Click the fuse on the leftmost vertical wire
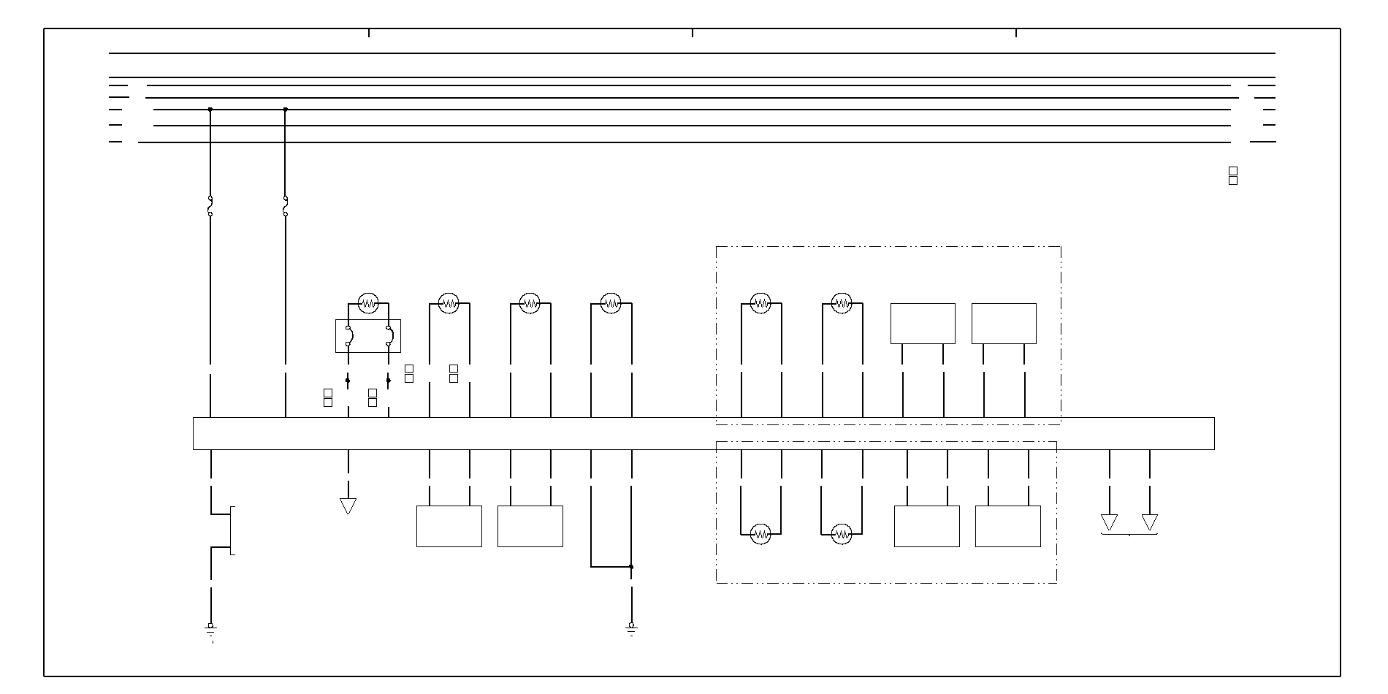pyautogui.click(x=210, y=207)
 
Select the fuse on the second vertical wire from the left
pyautogui.click(x=285, y=207)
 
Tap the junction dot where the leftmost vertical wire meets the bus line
pyautogui.click(x=210, y=110)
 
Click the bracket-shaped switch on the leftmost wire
pyautogui.click(x=231, y=530)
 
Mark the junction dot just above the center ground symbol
pyautogui.click(x=631, y=567)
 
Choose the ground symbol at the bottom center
pyautogui.click(x=631, y=628)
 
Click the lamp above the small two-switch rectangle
pyautogui.click(x=368, y=302)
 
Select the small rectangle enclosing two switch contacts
pyautogui.click(x=368, y=336)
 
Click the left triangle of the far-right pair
pyautogui.click(x=1109, y=522)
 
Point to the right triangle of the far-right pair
pyautogui.click(x=1150, y=522)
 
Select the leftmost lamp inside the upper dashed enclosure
pyautogui.click(x=761, y=302)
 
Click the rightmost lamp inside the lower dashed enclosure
pyautogui.click(x=842, y=535)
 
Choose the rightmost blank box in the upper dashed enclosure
pyautogui.click(x=1004, y=324)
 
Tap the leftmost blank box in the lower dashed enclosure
pyautogui.click(x=927, y=526)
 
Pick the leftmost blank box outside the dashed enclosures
pyautogui.click(x=449, y=526)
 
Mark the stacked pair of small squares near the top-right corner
pyautogui.click(x=1233, y=176)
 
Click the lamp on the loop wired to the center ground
pyautogui.click(x=611, y=302)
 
